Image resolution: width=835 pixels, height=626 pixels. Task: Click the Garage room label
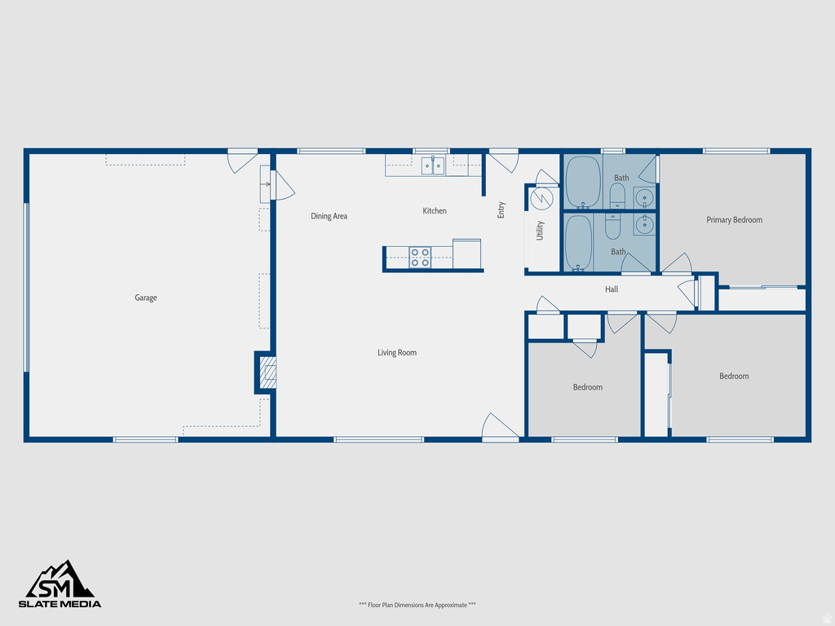click(146, 298)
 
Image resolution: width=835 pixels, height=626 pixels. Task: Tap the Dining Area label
click(329, 217)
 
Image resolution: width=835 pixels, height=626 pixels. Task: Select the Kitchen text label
click(435, 211)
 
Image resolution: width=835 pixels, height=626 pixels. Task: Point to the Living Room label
click(397, 353)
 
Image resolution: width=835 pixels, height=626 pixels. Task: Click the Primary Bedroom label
click(734, 220)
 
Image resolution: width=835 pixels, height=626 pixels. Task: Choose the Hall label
click(612, 289)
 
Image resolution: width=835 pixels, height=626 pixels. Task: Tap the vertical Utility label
click(540, 231)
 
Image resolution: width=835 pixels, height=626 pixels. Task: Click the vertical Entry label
click(501, 209)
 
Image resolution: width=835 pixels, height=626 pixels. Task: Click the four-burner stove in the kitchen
click(420, 258)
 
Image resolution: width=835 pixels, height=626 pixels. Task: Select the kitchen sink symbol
click(433, 166)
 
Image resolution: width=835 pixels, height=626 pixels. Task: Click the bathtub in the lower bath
click(579, 242)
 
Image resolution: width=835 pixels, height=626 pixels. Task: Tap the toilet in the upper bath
click(617, 194)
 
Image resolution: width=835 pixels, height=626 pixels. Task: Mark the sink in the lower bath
click(644, 223)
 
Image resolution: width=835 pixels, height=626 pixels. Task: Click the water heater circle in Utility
click(541, 199)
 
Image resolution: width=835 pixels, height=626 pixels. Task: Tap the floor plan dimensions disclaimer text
click(417, 605)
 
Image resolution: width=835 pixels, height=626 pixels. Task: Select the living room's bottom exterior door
click(499, 429)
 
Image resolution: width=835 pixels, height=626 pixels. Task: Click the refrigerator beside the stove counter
click(466, 253)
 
